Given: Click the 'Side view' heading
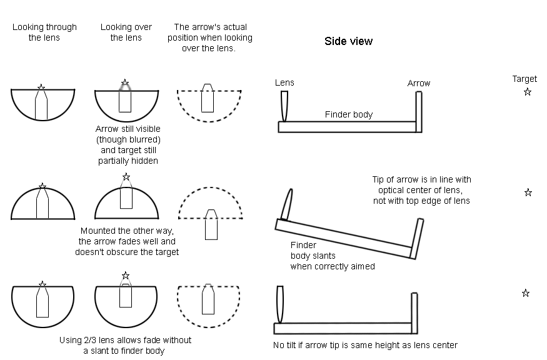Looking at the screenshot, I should click(x=348, y=41).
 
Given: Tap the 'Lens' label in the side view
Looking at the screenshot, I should click(x=284, y=82).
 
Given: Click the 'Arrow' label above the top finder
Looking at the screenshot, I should click(x=419, y=83).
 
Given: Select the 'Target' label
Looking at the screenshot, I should click(x=524, y=79).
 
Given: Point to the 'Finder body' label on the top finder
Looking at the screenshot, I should click(x=348, y=114).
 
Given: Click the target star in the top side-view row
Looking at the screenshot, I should click(x=528, y=92).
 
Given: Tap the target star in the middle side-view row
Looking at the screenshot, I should click(x=528, y=192).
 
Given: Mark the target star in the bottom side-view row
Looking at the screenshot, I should click(x=526, y=293).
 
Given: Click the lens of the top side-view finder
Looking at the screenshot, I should click(x=284, y=107).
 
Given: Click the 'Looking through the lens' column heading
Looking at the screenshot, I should click(x=44, y=32).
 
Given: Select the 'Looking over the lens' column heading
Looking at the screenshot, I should click(x=126, y=32).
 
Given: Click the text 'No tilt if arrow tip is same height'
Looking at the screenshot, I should click(x=366, y=345).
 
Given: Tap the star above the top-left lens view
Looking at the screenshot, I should click(x=41, y=87).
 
